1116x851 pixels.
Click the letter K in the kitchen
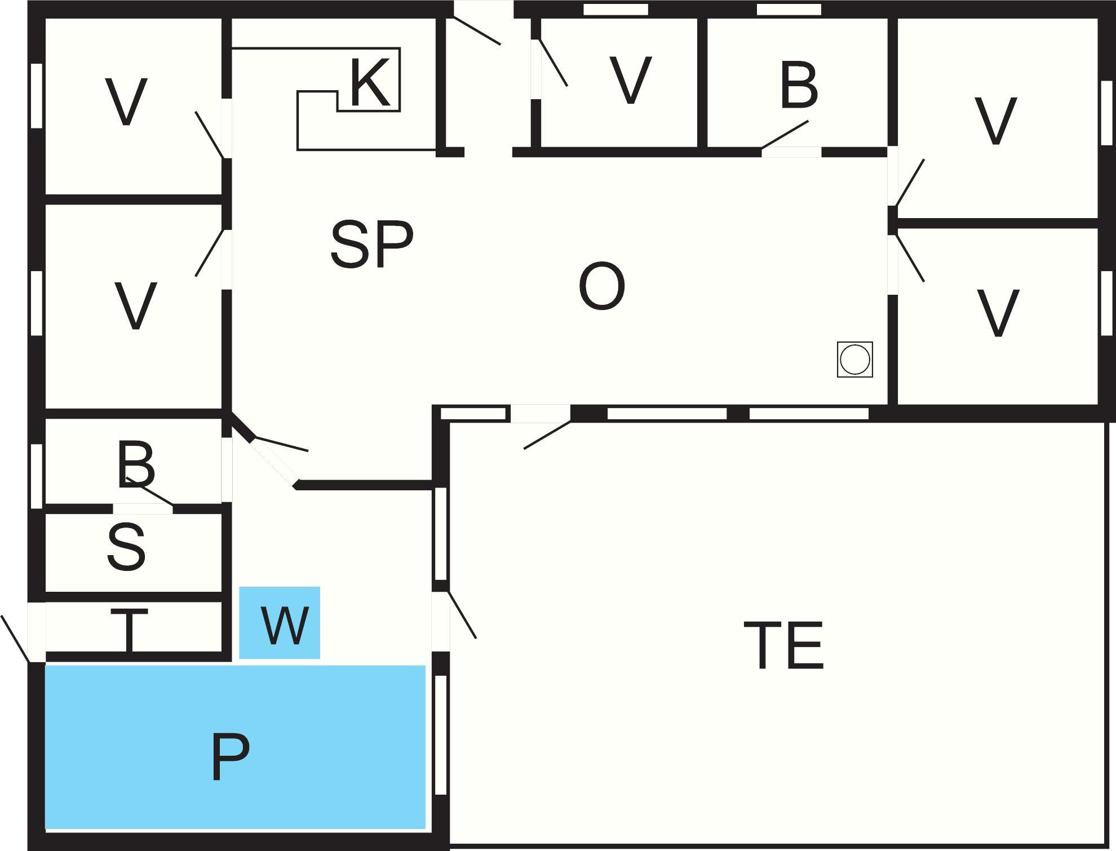tap(370, 83)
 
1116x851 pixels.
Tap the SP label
tap(371, 245)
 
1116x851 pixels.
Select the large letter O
tap(601, 286)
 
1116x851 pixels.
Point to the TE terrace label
tap(783, 645)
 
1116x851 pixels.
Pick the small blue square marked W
tap(280, 623)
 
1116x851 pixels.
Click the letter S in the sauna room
tap(127, 547)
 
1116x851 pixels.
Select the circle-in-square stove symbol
tap(854, 359)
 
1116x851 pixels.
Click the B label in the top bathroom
tap(799, 86)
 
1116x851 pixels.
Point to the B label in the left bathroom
tap(136, 466)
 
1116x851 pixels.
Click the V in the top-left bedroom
tap(127, 102)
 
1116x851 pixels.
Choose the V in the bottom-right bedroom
tap(998, 313)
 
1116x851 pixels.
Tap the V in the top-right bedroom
tap(995, 121)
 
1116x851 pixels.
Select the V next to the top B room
tap(630, 81)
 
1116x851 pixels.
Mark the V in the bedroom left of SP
tap(135, 306)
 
